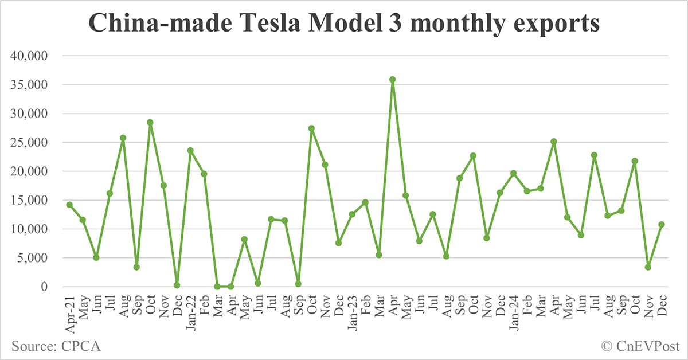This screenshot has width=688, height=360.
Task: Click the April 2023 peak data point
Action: tap(392, 80)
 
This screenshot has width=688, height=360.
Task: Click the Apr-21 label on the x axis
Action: tap(69, 309)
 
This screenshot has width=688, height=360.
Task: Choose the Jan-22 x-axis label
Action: tap(190, 309)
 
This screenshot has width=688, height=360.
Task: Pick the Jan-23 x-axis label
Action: tap(352, 309)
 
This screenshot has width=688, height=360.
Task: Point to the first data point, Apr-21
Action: tap(69, 205)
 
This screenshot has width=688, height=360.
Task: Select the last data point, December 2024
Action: tap(661, 225)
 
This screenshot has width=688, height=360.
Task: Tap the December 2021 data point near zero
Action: tap(177, 285)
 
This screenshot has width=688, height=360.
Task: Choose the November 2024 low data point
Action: tap(648, 267)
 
